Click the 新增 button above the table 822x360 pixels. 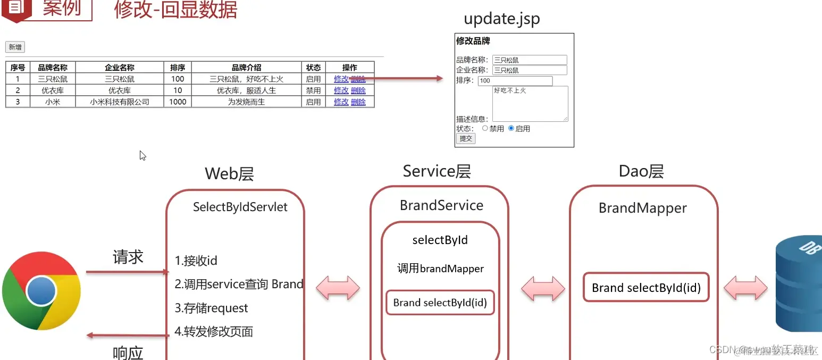pyautogui.click(x=15, y=47)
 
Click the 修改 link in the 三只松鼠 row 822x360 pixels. pyautogui.click(x=341, y=79)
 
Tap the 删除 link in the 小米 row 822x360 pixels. pyautogui.click(x=358, y=102)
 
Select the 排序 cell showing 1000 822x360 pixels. pyautogui.click(x=178, y=102)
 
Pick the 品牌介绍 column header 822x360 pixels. pyautogui.click(x=246, y=68)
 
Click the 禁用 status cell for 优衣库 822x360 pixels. pyautogui.click(x=313, y=90)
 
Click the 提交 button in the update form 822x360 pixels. pyautogui.click(x=466, y=138)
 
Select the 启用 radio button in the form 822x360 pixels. pyautogui.click(x=511, y=128)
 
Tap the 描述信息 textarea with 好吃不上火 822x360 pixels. pyautogui.click(x=530, y=103)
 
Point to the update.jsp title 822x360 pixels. pyautogui.click(x=501, y=19)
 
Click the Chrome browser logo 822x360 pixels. pyautogui.click(x=41, y=291)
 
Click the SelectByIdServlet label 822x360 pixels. pyautogui.click(x=240, y=207)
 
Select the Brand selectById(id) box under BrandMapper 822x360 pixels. pyautogui.click(x=646, y=288)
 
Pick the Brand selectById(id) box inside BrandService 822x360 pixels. pyautogui.click(x=440, y=303)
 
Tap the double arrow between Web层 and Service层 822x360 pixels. pyautogui.click(x=338, y=289)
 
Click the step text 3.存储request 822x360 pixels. pyautogui.click(x=211, y=308)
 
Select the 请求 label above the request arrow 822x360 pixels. pyautogui.click(x=128, y=257)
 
